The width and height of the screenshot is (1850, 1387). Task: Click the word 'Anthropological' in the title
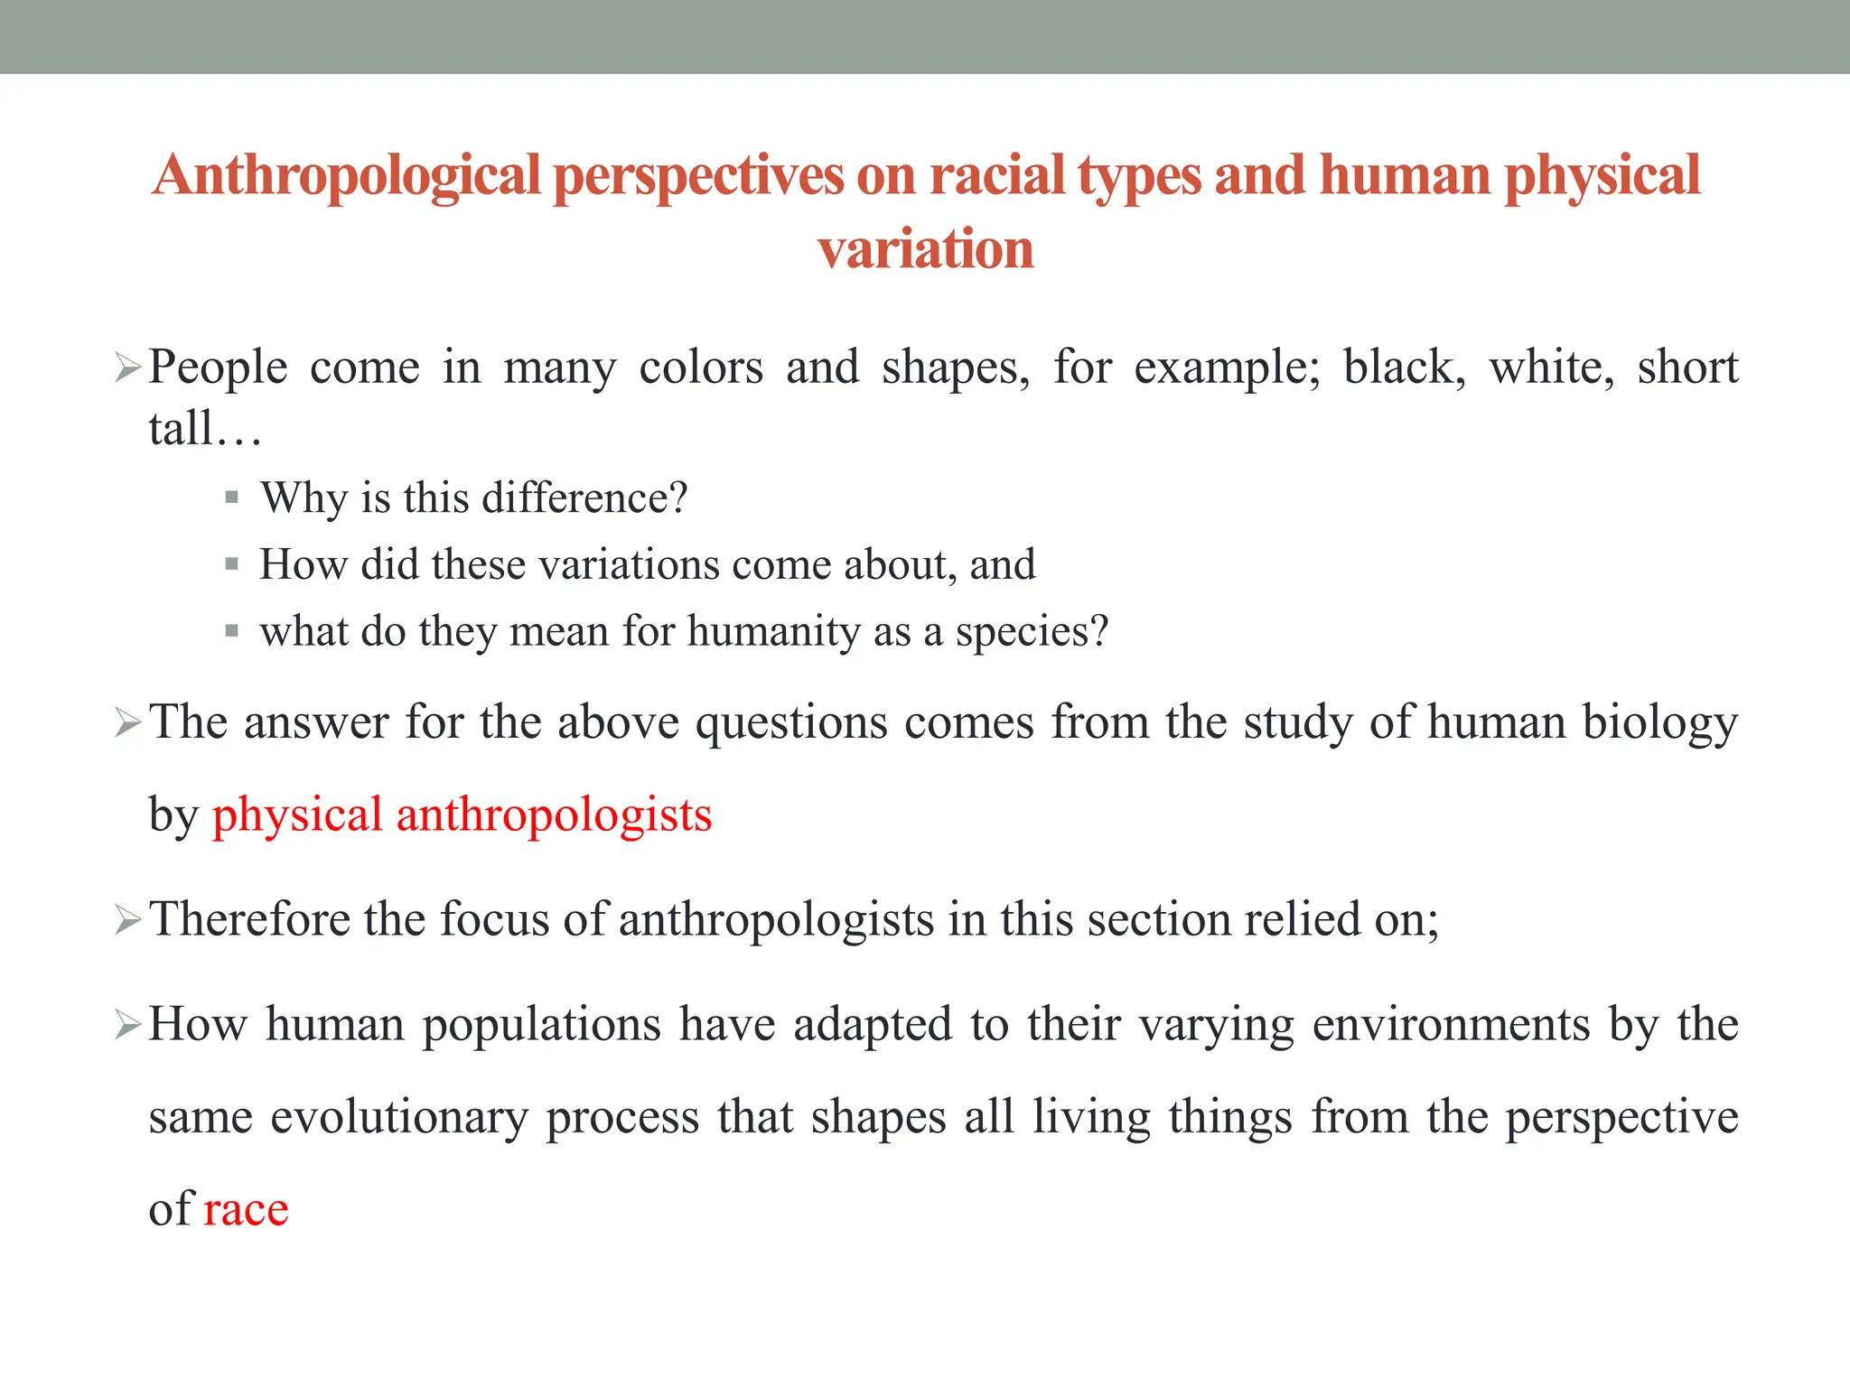click(347, 175)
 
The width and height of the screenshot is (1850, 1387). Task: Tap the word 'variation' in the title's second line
click(925, 249)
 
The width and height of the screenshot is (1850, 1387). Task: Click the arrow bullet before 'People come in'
click(127, 368)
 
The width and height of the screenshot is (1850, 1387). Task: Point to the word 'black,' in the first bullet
click(1404, 368)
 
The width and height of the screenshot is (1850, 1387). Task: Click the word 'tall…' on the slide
click(204, 429)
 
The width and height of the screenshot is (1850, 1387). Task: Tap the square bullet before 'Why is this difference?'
click(232, 498)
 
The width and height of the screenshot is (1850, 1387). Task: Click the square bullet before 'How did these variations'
click(232, 565)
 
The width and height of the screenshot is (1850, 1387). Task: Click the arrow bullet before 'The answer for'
click(127, 723)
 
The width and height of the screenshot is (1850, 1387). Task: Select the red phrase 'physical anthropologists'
click(462, 815)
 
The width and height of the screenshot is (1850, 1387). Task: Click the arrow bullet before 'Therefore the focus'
click(127, 920)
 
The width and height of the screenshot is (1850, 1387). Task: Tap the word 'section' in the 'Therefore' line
click(1158, 920)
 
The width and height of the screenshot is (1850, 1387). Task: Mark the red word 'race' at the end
click(246, 1210)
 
